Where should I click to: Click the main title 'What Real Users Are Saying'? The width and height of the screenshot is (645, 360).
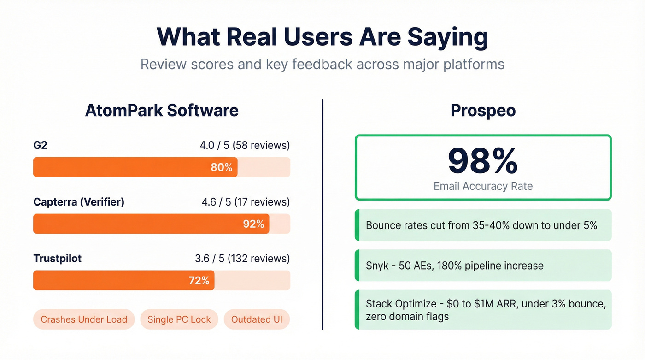(322, 37)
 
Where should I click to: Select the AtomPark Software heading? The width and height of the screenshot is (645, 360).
(162, 111)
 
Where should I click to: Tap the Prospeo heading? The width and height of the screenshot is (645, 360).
(483, 111)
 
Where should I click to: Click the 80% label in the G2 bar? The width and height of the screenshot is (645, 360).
(222, 167)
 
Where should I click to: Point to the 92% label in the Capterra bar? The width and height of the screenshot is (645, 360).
(253, 224)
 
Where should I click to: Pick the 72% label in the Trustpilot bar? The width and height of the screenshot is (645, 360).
(199, 280)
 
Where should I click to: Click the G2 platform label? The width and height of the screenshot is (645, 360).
(41, 146)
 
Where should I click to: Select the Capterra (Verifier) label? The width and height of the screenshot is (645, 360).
(79, 202)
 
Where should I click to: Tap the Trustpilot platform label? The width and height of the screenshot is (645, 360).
(58, 259)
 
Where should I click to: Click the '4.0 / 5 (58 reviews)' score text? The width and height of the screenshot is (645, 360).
(245, 146)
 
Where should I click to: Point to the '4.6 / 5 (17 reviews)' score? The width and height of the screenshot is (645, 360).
(246, 202)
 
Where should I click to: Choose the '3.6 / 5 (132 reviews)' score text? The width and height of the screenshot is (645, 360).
(242, 259)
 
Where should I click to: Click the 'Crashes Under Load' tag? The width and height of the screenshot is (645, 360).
(84, 319)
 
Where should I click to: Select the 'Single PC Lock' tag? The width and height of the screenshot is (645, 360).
(179, 319)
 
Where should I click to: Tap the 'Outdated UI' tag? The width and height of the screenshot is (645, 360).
(257, 319)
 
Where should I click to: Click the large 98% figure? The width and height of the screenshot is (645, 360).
(483, 161)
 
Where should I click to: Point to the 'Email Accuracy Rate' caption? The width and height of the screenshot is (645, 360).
(483, 186)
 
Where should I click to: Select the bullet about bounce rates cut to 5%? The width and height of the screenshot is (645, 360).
(481, 225)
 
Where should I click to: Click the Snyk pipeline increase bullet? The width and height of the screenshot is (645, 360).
(454, 266)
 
